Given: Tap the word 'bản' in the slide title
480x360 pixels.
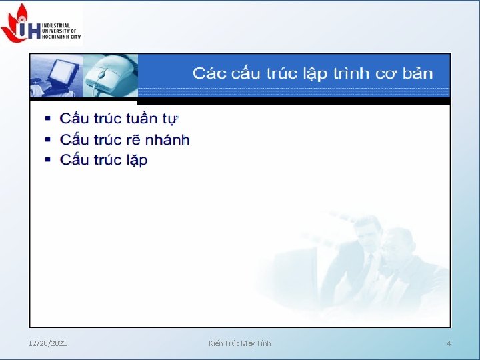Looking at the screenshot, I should (417, 73).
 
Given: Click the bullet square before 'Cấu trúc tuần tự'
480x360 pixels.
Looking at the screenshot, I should (47, 119).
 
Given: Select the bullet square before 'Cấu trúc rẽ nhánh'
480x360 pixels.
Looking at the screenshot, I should (47, 140).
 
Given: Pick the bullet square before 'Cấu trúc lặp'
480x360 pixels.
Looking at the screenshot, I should (47, 160).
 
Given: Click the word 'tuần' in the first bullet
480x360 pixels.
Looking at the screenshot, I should (142, 119).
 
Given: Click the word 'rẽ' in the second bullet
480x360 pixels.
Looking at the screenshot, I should (133, 140).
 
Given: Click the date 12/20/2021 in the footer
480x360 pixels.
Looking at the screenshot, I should (47, 343).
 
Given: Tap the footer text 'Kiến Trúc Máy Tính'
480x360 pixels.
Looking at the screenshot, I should (240, 343).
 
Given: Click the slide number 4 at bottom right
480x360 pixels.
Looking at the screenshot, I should (449, 343).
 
